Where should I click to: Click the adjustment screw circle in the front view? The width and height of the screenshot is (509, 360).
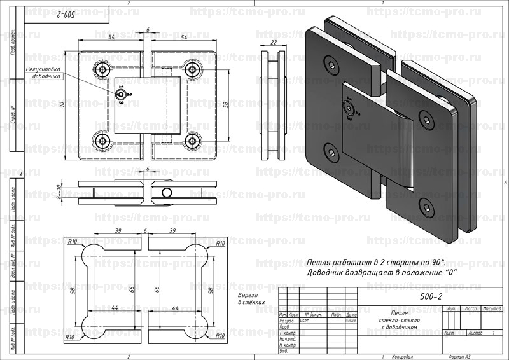120,94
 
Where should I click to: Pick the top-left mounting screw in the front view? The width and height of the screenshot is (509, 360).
102,69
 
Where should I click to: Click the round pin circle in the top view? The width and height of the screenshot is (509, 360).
166,192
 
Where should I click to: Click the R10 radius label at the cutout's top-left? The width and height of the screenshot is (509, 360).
72,242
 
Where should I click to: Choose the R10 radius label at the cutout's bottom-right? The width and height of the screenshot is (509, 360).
221,335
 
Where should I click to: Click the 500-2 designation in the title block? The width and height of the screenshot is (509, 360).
431,296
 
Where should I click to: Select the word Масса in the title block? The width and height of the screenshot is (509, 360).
471,308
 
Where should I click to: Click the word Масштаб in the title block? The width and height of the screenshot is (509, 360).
491,308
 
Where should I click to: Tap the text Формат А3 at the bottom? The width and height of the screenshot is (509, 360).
459,356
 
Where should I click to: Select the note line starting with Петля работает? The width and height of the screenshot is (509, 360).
375,262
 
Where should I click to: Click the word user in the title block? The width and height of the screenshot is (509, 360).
303,321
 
